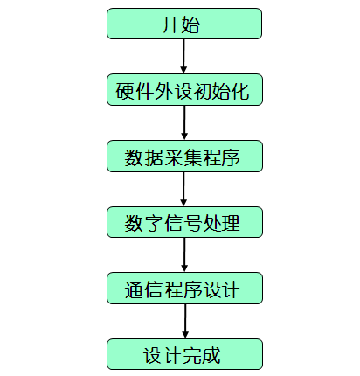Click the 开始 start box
pyautogui.click(x=184, y=24)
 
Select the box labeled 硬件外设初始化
pyautogui.click(x=184, y=90)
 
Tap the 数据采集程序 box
pyautogui.click(x=184, y=157)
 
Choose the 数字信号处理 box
pyautogui.click(x=184, y=222)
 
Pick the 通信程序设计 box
pyautogui.click(x=184, y=289)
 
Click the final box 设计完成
pyautogui.click(x=184, y=354)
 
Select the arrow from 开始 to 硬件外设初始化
pyautogui.click(x=183, y=56)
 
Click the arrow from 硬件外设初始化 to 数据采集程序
pyautogui.click(x=184, y=122)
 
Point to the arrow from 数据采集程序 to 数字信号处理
pyautogui.click(x=183, y=189)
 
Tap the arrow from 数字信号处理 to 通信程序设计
pyautogui.click(x=184, y=255)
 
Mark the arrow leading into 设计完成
pyautogui.click(x=185, y=321)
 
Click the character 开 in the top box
pyautogui.click(x=170, y=24)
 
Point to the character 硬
pyautogui.click(x=125, y=91)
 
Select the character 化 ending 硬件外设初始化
pyautogui.click(x=240, y=91)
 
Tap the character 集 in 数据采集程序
pyautogui.click(x=192, y=157)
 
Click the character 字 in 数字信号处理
pyautogui.click(x=153, y=224)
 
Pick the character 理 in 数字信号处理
pyautogui.click(x=231, y=224)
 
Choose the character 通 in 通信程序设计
pyautogui.click(x=134, y=289)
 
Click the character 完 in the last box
pyautogui.click(x=191, y=356)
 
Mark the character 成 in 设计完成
pyautogui.click(x=211, y=356)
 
